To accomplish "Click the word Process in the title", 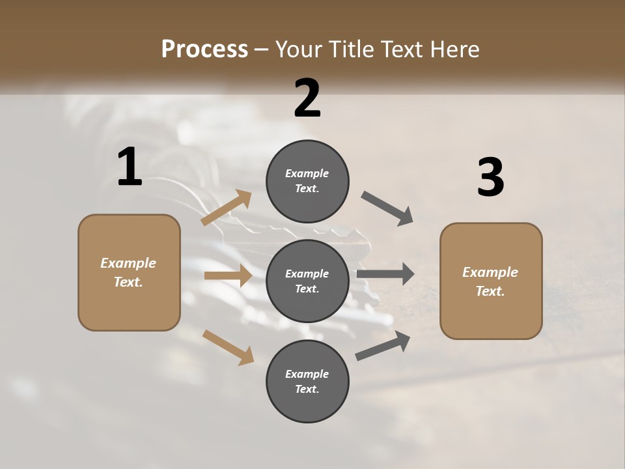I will (204, 50).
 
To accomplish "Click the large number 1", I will (130, 167).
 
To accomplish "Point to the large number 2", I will (307, 98).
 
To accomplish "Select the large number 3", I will (490, 178).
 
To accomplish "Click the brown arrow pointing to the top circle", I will (227, 208).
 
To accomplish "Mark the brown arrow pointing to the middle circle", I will (228, 276).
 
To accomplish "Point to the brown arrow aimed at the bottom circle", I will (229, 347).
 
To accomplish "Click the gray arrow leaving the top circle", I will (387, 208).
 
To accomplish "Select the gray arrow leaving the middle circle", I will (385, 274).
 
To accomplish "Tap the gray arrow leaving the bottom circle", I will (383, 345).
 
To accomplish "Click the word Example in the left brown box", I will (128, 263).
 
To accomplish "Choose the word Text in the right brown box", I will (490, 291).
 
